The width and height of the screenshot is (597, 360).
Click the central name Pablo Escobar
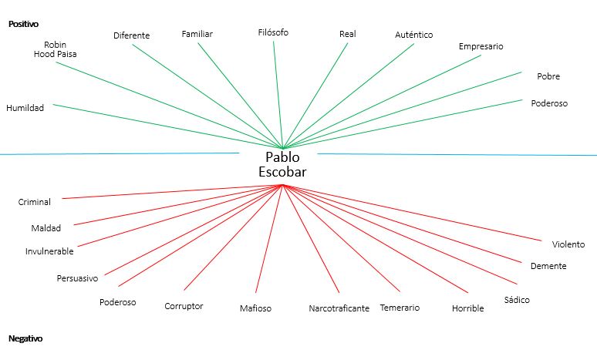[x=282, y=164]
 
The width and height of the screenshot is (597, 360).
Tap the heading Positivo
[x=23, y=24]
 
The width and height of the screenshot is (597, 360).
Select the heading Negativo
[x=25, y=338]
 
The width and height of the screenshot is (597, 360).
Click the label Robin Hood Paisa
[x=55, y=49]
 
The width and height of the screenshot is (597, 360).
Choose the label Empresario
[x=481, y=46]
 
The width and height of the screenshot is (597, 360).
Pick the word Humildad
[x=25, y=108]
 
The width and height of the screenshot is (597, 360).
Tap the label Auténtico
[x=413, y=35]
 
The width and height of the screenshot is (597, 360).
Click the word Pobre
[x=548, y=76]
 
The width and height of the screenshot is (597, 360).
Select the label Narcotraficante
[x=339, y=308]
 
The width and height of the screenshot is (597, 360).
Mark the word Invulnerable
[x=49, y=251]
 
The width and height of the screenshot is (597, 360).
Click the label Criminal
[x=35, y=202]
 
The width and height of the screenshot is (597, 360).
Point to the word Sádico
[x=517, y=299]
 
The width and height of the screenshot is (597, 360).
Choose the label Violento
[x=568, y=244]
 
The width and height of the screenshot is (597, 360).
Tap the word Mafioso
[x=255, y=308]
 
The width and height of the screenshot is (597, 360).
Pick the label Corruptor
[x=184, y=306]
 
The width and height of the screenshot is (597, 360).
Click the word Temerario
[x=400, y=308]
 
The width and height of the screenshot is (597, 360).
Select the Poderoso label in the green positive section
[x=549, y=103]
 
